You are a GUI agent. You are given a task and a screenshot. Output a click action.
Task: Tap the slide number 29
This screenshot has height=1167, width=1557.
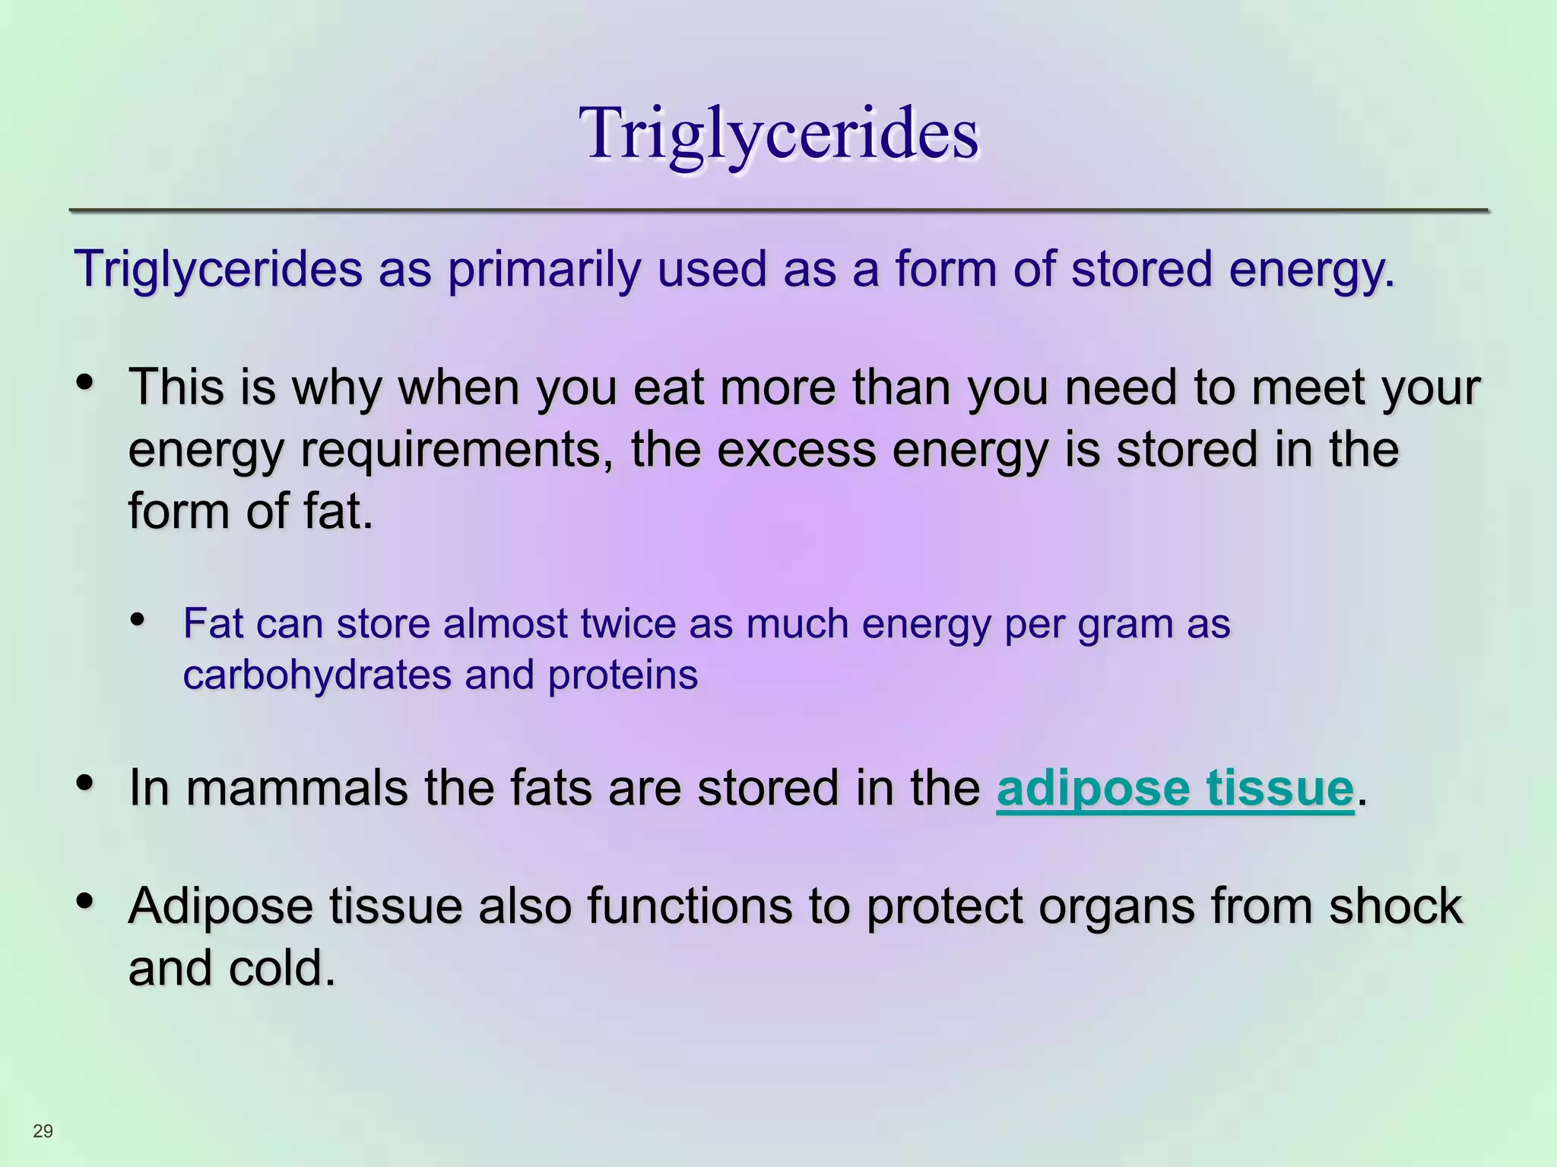point(43,1131)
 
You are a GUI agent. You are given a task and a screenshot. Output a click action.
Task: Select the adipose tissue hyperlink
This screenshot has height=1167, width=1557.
point(1175,788)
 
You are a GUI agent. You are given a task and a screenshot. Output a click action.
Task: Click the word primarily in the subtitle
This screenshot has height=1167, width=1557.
point(544,269)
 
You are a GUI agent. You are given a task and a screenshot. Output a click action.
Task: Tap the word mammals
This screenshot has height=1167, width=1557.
point(296,788)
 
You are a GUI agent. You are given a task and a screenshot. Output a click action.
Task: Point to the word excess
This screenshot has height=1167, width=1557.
point(796,450)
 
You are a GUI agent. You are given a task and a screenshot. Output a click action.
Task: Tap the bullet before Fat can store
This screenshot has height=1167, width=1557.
point(138,619)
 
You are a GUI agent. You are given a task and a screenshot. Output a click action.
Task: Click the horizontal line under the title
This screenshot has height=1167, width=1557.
point(778,210)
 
